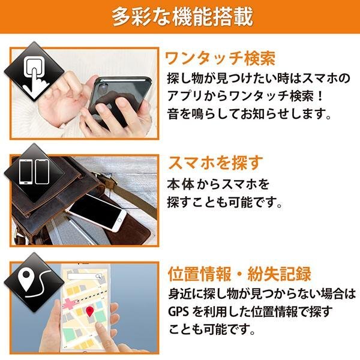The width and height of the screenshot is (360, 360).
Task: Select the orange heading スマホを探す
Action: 214,163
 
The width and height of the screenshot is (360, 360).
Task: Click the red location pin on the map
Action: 90,311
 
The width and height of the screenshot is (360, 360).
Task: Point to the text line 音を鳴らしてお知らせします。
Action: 240,113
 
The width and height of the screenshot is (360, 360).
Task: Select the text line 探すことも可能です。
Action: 224,202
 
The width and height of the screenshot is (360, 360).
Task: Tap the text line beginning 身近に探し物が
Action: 262,294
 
